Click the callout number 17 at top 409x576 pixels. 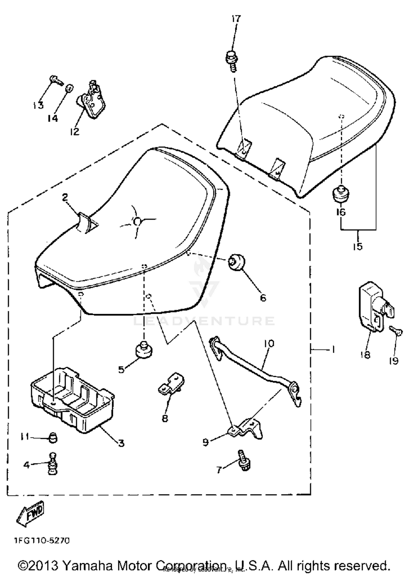click(236, 19)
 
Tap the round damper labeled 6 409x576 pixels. click(236, 262)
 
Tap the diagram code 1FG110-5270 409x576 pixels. click(42, 540)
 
